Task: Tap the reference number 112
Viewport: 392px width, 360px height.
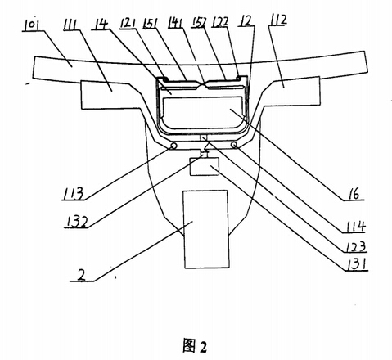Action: click(x=277, y=20)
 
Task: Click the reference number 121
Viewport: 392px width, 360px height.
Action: click(x=128, y=23)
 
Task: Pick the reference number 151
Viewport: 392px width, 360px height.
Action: click(x=150, y=23)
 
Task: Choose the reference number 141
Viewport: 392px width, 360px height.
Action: click(x=175, y=22)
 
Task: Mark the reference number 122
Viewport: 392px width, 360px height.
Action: click(x=220, y=22)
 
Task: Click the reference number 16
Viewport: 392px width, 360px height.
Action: click(x=354, y=194)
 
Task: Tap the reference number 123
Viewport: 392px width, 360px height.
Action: click(x=356, y=246)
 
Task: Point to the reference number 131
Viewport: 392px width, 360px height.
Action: click(x=356, y=264)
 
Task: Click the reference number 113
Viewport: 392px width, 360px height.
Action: click(x=73, y=194)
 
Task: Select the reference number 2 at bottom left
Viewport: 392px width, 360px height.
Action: click(x=82, y=275)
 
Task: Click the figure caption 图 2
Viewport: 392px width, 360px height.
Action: click(x=195, y=345)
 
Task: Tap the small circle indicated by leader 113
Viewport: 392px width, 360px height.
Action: click(x=173, y=146)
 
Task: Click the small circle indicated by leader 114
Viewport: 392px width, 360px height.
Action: click(x=234, y=146)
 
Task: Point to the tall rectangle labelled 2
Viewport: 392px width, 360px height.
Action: click(x=206, y=229)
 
